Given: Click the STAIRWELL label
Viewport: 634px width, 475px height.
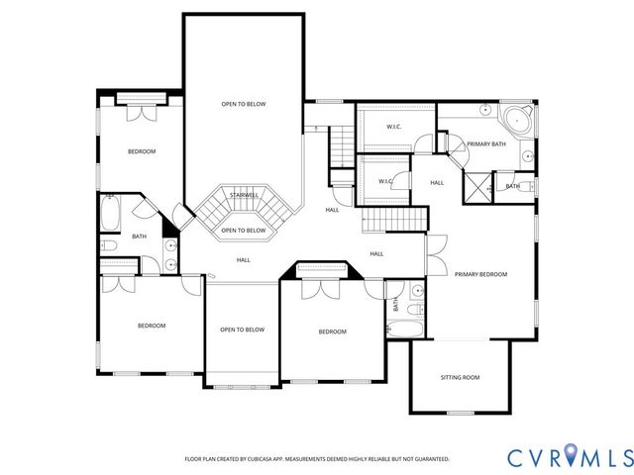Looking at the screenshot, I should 244,195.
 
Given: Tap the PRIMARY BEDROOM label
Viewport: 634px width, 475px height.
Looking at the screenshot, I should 481,274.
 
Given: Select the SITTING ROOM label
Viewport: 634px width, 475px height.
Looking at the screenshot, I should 460,377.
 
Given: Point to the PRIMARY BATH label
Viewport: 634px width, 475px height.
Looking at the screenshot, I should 487,144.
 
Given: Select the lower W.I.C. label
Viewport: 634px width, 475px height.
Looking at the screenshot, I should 385,181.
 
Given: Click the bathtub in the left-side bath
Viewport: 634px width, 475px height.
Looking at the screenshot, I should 110,212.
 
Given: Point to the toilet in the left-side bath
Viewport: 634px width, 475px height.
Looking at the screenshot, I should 110,244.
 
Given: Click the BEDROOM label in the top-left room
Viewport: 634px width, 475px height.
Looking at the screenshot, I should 142,151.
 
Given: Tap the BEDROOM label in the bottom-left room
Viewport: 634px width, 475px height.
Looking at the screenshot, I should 151,326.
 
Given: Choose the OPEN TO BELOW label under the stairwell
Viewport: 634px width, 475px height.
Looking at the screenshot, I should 243,231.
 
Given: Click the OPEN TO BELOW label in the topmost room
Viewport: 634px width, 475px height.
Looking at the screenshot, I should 243,104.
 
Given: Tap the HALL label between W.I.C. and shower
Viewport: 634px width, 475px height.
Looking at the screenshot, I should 437,182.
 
